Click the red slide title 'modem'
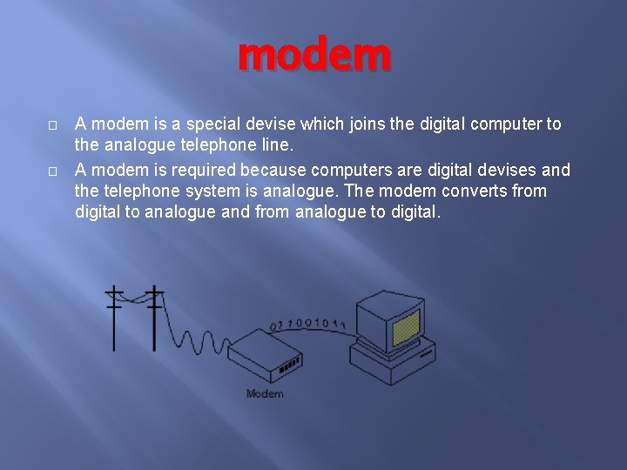[314, 55]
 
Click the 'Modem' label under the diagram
[265, 394]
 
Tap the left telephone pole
[115, 318]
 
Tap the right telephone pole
[154, 318]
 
